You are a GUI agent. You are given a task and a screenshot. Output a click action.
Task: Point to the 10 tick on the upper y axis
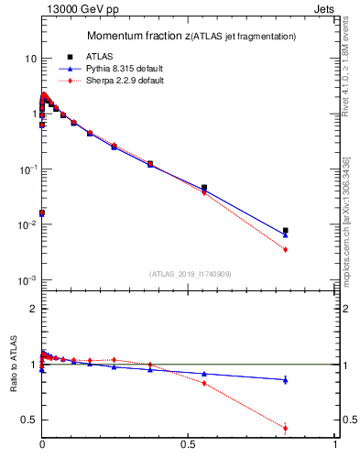pyautogui.click(x=29, y=58)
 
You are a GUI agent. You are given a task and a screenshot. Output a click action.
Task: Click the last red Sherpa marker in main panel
pyautogui.click(x=286, y=250)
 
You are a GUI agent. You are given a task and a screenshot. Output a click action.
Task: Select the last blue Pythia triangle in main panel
pyautogui.click(x=286, y=234)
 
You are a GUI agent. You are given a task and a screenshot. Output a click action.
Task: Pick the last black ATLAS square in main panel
pyautogui.click(x=286, y=230)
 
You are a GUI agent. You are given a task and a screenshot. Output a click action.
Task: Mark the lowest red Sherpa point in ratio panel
pyautogui.click(x=286, y=428)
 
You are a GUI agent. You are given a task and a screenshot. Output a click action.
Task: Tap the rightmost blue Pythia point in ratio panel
pyautogui.click(x=286, y=379)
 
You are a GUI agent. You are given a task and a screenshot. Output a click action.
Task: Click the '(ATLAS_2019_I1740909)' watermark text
pyautogui.click(x=190, y=274)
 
